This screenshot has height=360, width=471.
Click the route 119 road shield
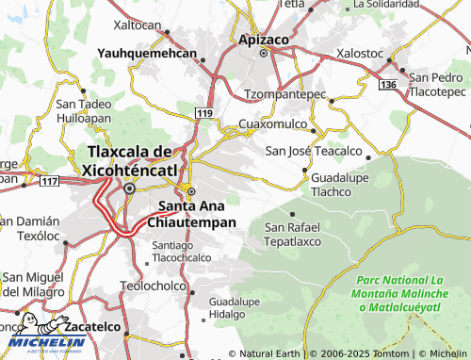click(x=203, y=113)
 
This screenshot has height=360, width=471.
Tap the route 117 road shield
click(x=50, y=180)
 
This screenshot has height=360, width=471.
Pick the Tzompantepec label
click(x=284, y=95)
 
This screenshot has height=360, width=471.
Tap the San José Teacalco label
click(x=314, y=151)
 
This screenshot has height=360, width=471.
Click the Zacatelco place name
click(x=95, y=326)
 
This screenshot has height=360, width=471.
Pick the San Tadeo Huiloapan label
click(x=84, y=110)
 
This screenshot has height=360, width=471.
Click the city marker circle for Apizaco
click(x=264, y=53)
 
